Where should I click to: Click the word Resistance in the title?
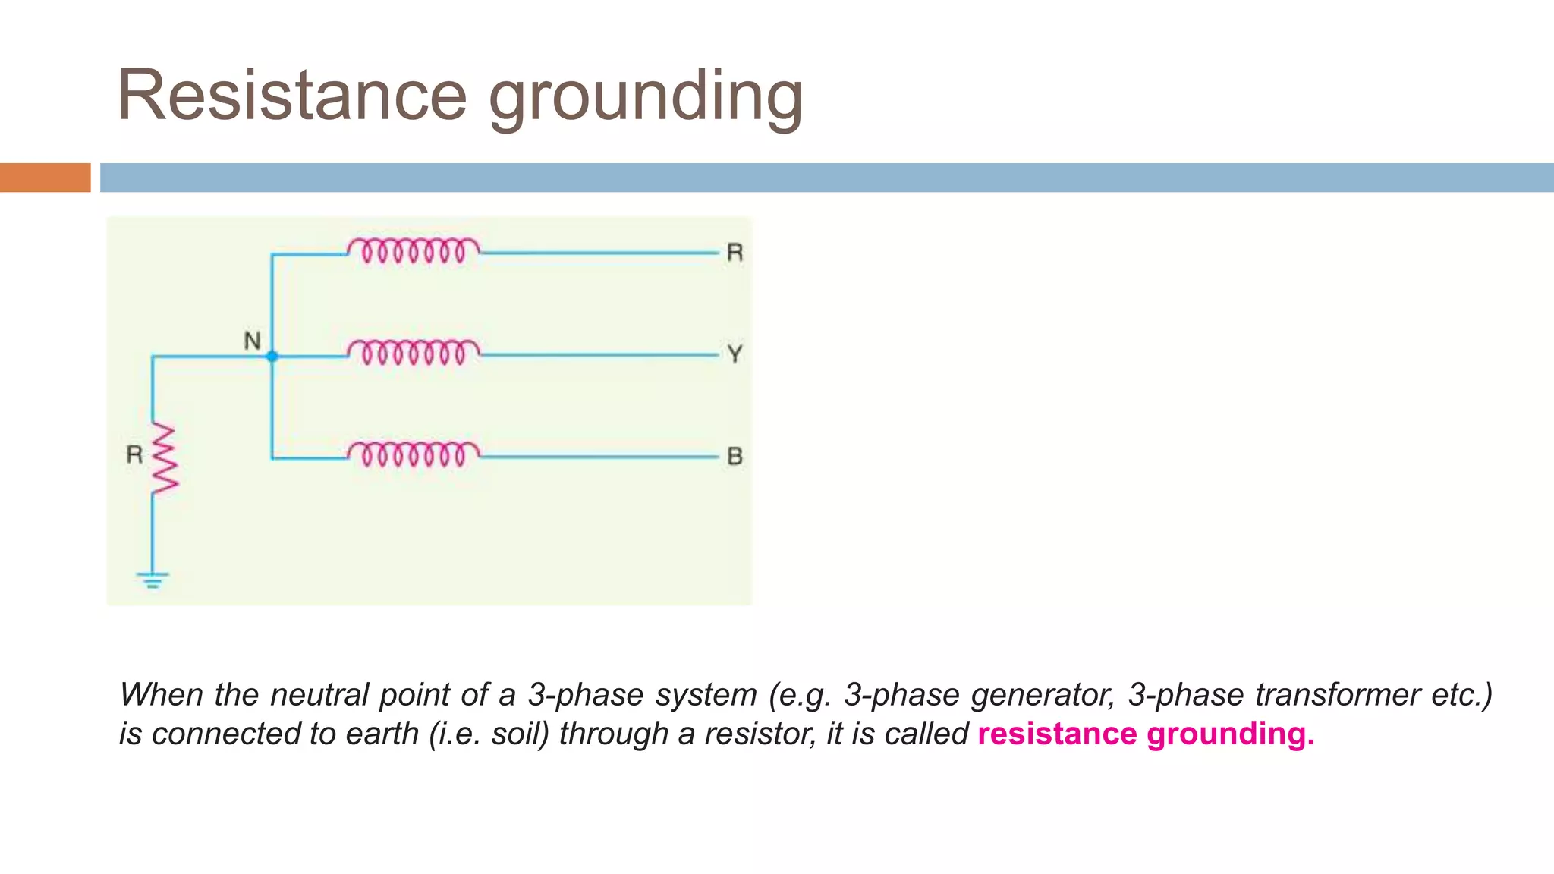click(x=292, y=96)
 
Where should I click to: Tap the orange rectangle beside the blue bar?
click(x=45, y=178)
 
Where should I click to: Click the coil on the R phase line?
click(x=414, y=250)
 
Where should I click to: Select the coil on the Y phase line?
click(x=414, y=352)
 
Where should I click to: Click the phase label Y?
click(x=735, y=354)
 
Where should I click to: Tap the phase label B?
click(x=735, y=456)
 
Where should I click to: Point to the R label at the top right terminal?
click(x=735, y=253)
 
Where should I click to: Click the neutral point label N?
click(x=252, y=341)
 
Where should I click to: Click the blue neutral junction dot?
click(x=272, y=356)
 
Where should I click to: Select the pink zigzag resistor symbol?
click(x=164, y=459)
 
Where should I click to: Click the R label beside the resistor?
click(x=134, y=454)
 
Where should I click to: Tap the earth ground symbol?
click(x=153, y=580)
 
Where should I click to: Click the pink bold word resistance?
click(x=1057, y=734)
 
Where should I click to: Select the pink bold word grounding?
click(x=1230, y=734)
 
